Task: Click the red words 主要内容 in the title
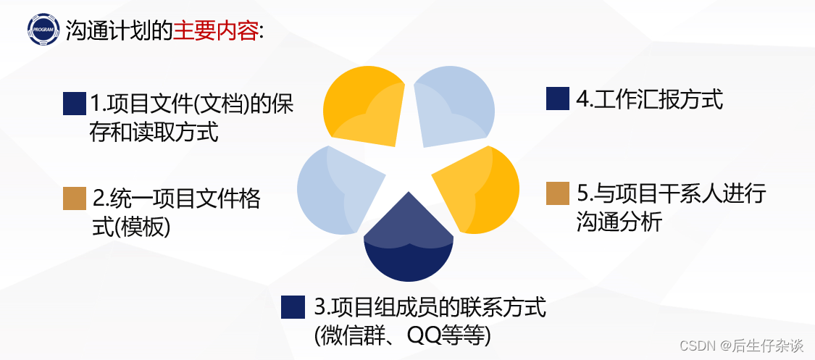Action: (215, 31)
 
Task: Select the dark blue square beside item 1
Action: (75, 104)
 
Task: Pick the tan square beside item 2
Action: (75, 198)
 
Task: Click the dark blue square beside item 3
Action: (293, 307)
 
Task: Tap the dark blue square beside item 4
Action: (557, 99)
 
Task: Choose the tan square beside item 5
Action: (557, 193)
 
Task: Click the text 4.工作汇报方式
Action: (649, 99)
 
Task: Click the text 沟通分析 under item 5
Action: (619, 222)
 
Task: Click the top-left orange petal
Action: (362, 105)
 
